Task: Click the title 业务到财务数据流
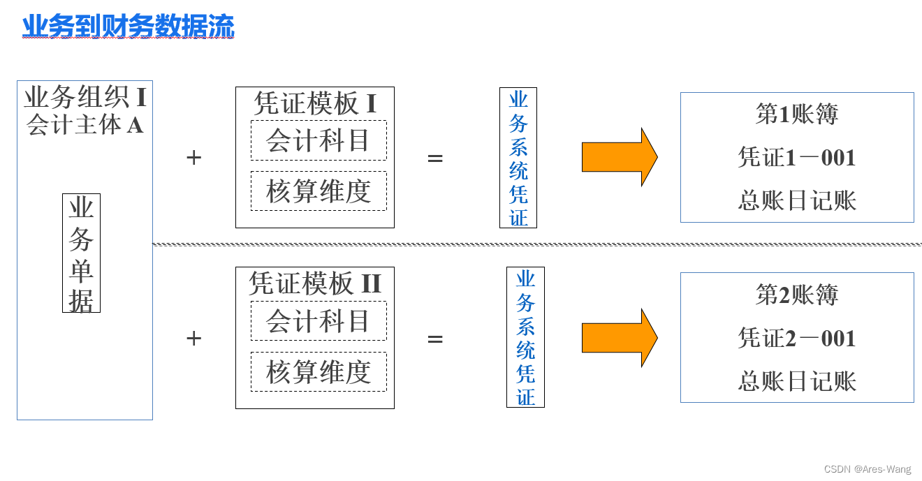click(x=129, y=27)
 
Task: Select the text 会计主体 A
click(x=85, y=125)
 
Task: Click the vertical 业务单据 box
click(x=81, y=253)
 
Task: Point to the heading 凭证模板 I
click(x=315, y=104)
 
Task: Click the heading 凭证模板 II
click(x=315, y=284)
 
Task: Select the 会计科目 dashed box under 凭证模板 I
click(x=319, y=140)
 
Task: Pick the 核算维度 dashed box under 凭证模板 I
click(x=319, y=191)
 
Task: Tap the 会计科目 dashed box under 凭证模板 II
click(x=319, y=321)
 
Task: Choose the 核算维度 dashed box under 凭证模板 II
click(x=319, y=371)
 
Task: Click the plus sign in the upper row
click(x=193, y=158)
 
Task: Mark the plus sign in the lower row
click(x=193, y=339)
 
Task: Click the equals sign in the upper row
click(x=435, y=158)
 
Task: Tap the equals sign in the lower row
click(x=435, y=339)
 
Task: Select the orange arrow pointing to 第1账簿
click(x=618, y=157)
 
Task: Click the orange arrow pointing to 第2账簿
click(x=618, y=338)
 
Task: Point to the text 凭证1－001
click(x=797, y=158)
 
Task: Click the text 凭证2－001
click(x=797, y=339)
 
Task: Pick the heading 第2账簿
click(x=797, y=295)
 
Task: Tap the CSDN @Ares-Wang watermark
click(x=867, y=470)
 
